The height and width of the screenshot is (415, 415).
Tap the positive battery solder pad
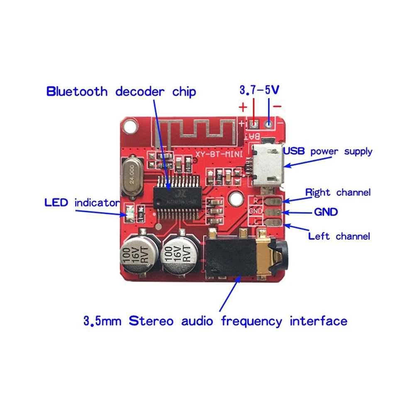click(254, 124)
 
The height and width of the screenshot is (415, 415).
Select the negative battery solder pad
click(269, 123)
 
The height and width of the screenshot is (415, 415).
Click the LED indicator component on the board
click(129, 213)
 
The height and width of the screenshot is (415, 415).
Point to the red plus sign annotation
click(243, 107)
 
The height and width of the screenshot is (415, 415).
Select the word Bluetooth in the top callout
click(77, 91)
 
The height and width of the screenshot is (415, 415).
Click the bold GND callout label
click(326, 212)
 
